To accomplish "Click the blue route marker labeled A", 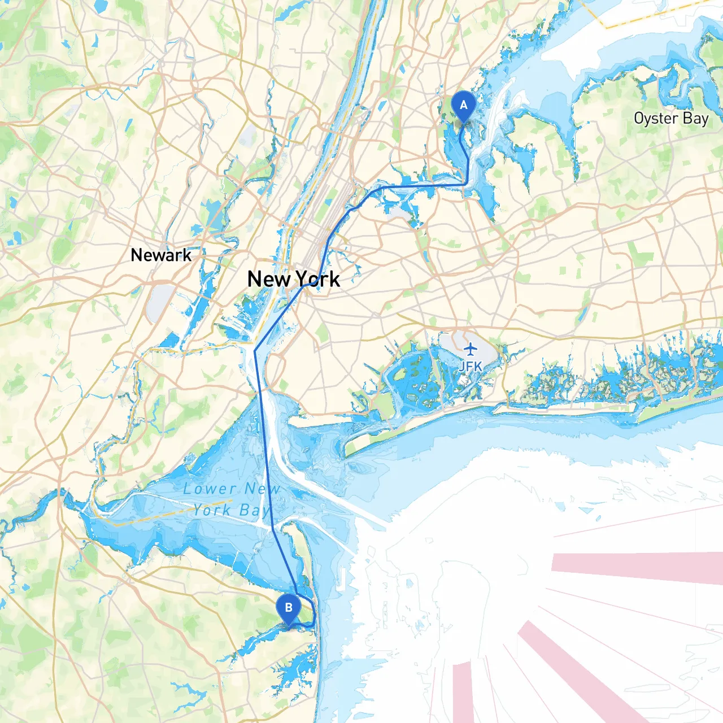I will pos(464,106).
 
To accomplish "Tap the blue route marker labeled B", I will pos(289,608).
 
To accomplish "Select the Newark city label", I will pos(161,255).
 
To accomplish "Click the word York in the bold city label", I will pos(317,279).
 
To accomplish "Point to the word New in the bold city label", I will pos(269,279).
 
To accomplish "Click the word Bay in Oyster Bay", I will pos(695,119).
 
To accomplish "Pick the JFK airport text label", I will pos(470,367).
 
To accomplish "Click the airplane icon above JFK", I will pos(470,349).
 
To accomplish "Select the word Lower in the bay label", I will pos(210,489).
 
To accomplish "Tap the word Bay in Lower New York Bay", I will pos(254,511).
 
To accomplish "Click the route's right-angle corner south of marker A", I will pos(466,184).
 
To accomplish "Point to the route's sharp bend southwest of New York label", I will pos(255,350).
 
